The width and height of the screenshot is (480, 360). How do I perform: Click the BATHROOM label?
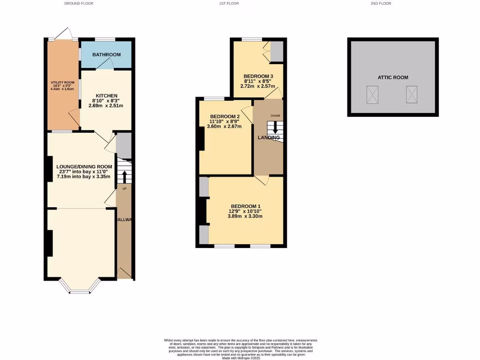(x=106, y=55)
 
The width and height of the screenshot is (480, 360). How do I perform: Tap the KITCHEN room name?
(x=106, y=96)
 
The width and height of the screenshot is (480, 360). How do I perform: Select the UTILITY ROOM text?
(x=63, y=82)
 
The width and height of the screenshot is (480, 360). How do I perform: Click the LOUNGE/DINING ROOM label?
(x=84, y=166)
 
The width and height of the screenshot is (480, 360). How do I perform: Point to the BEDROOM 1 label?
(x=245, y=206)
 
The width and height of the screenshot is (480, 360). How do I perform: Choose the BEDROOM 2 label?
(x=225, y=117)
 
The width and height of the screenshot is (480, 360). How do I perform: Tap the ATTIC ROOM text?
(x=393, y=77)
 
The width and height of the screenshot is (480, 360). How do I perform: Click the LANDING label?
(x=269, y=138)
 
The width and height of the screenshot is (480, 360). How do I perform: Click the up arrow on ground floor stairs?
(x=125, y=177)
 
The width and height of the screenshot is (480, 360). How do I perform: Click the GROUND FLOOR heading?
(x=79, y=3)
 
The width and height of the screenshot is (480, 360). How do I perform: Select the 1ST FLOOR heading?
(x=229, y=3)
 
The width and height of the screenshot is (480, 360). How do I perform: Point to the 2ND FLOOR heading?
(x=381, y=3)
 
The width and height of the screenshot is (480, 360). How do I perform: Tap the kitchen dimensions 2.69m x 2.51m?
(x=106, y=106)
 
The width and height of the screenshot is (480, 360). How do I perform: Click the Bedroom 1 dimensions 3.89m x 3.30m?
(x=245, y=216)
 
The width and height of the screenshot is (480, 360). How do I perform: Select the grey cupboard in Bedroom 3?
(x=277, y=52)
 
